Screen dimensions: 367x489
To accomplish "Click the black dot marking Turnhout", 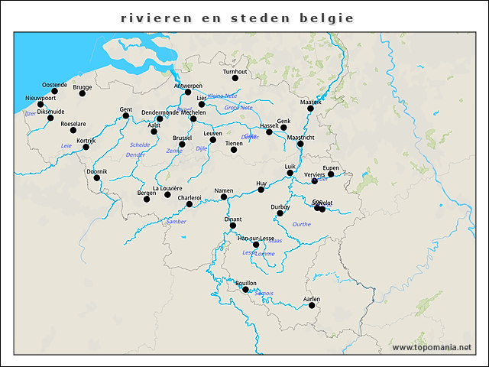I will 235,78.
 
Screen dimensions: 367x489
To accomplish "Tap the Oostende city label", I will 54,84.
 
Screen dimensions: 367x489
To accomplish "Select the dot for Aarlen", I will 312,306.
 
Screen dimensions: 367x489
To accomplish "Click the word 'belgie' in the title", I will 328,17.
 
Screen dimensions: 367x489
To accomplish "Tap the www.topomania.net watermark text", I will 432,348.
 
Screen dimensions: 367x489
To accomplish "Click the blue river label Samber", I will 176,222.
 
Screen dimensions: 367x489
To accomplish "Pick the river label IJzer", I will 30,113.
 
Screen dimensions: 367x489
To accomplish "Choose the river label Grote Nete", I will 238,108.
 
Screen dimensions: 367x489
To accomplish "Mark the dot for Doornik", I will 97,177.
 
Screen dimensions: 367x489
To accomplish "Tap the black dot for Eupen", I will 331,174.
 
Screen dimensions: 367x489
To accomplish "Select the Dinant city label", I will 233,219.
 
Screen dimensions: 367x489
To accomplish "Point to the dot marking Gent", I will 126,115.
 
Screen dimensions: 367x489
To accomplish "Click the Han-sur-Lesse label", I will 255,239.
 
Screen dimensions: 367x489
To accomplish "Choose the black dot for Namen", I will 224,196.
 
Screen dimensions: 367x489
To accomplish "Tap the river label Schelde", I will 140,145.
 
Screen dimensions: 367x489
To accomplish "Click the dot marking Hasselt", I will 269,132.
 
